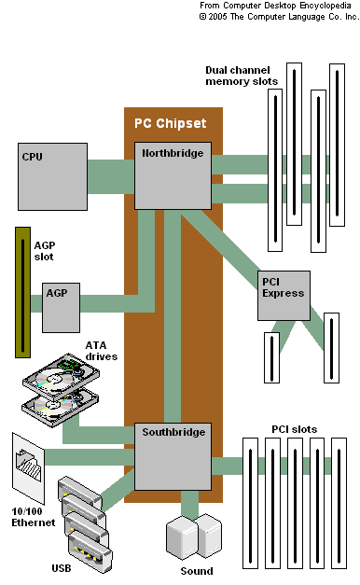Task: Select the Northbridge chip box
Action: tap(173, 175)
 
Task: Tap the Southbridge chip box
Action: tap(173, 456)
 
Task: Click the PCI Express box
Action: tap(284, 295)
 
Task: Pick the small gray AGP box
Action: tap(61, 308)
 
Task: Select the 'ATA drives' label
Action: tap(102, 351)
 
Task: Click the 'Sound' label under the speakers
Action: tap(196, 571)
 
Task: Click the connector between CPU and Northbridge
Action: tap(112, 175)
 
